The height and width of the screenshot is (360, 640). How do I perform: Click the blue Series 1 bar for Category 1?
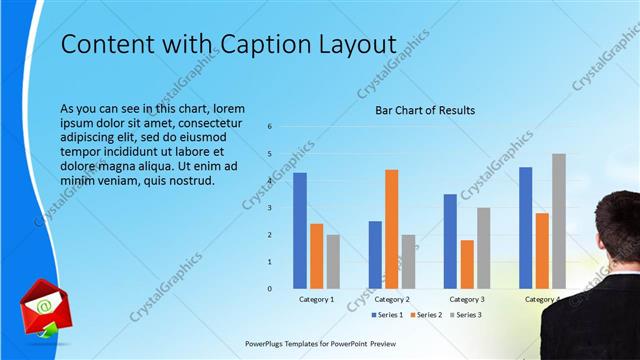pos(300,231)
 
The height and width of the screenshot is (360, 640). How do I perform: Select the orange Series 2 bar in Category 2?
pos(391,229)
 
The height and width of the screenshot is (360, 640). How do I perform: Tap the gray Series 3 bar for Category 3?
pos(483,248)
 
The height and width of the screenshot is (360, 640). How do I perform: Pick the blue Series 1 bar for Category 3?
pos(450,241)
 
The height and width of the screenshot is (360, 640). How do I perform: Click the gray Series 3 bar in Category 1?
pos(333,262)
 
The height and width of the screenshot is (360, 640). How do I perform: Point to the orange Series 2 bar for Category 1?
pos(316,256)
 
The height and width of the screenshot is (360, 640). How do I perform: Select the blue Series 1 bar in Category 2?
pos(375,255)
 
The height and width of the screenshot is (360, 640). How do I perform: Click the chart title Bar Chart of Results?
pos(425,110)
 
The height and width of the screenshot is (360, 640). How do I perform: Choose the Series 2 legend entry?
pos(425,315)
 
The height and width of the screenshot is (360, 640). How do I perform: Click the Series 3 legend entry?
pos(465,315)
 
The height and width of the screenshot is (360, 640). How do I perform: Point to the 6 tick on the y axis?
pos(268,127)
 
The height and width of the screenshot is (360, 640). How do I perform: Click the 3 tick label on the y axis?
pos(268,208)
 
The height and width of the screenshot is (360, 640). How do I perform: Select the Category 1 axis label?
pos(316,299)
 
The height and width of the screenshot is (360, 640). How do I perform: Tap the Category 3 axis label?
pos(467,299)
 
